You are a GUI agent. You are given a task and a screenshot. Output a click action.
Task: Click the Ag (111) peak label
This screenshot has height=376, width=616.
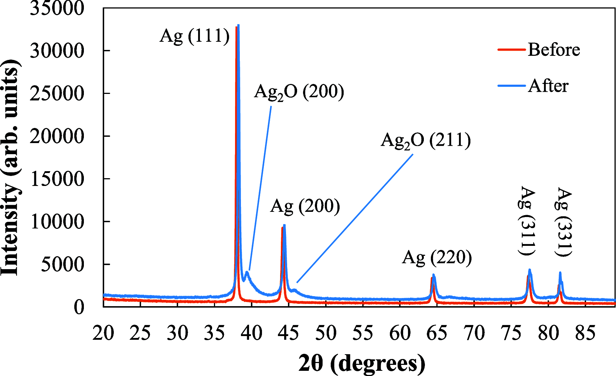point(194,36)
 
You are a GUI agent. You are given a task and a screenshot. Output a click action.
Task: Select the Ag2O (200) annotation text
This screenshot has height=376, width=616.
point(299,92)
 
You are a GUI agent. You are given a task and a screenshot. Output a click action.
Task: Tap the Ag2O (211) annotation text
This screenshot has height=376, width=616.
point(426,140)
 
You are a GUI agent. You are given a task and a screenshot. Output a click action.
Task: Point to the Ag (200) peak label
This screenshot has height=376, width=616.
point(305,206)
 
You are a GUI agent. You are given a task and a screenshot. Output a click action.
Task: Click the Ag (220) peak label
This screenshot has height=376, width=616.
point(437,257)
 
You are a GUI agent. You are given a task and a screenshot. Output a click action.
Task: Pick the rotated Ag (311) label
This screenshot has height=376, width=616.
point(527,221)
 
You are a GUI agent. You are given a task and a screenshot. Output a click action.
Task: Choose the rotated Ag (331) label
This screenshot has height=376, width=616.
point(564,222)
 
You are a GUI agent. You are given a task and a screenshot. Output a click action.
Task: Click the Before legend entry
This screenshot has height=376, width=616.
point(554,50)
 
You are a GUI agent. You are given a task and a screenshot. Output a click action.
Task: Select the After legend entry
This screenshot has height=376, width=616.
point(548,86)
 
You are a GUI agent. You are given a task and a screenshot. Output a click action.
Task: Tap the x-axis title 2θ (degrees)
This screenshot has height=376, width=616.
point(362,363)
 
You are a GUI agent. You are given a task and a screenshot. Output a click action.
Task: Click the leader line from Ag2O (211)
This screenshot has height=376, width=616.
point(355,218)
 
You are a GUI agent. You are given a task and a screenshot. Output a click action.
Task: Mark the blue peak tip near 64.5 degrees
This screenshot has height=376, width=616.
point(433,275)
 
